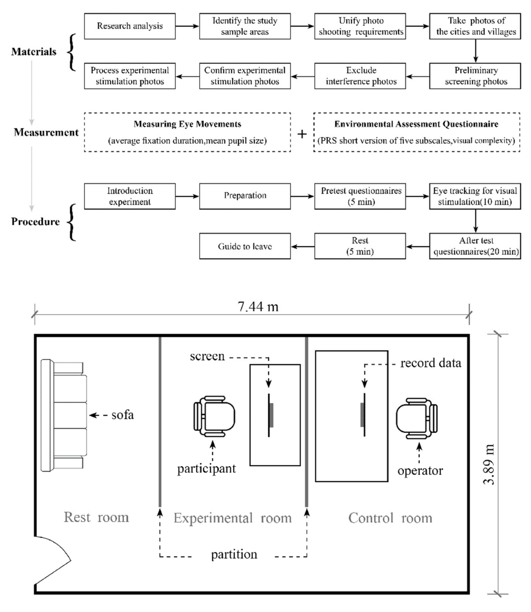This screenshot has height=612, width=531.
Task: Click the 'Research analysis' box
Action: point(130,26)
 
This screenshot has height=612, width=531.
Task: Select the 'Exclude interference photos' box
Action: point(360,76)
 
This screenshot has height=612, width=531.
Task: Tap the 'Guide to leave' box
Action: point(245,246)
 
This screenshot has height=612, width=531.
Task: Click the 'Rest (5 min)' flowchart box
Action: point(360,246)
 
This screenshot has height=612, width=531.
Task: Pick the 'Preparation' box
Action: point(245,196)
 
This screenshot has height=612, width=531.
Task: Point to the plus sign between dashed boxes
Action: point(302,134)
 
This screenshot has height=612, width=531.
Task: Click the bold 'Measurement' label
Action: point(46,132)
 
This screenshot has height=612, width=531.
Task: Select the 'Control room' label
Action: point(390,518)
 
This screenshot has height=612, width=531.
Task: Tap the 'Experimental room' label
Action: point(233,518)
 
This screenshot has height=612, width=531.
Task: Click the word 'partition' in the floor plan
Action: point(234,554)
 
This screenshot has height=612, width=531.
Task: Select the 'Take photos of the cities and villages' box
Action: point(475,26)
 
